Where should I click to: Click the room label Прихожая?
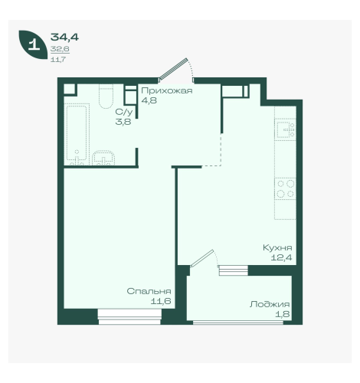point(167,90)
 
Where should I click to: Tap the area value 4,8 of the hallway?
point(149,100)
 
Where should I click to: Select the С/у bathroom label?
point(124,112)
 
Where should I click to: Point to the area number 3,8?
point(123,122)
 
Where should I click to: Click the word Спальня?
point(149,291)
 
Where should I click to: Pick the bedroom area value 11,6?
point(161,301)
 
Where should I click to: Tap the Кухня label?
point(277,247)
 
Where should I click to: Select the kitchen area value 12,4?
point(281,257)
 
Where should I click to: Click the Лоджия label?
point(270,304)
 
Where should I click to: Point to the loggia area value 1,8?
point(283,314)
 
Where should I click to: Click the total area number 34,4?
point(64,38)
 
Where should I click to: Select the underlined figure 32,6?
point(60,49)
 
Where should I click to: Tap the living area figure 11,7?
point(58,60)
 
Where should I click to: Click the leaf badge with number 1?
point(32,44)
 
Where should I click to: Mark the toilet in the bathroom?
point(106,97)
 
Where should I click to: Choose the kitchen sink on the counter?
point(286,129)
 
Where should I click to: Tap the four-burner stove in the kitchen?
point(286,188)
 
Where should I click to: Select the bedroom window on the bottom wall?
point(129,317)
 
